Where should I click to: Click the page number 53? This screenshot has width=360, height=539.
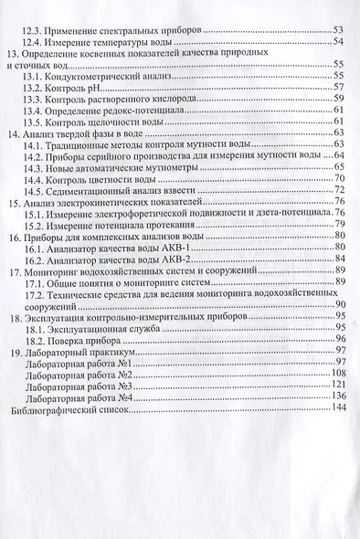point(336,30)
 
